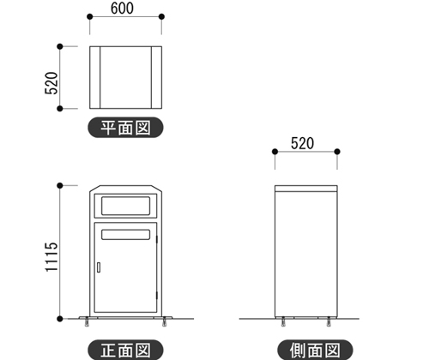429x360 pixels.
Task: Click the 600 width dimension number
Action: coord(122,9)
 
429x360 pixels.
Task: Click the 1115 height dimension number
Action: coord(51,257)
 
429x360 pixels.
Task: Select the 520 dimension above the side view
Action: coord(302,143)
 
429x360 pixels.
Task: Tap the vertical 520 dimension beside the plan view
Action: coord(51,83)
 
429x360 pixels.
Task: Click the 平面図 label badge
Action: coord(125,128)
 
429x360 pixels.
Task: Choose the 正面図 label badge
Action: coord(125,350)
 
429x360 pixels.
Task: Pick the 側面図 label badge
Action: coord(315,350)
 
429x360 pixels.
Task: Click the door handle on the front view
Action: coord(99,267)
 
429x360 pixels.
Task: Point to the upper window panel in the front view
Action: coord(125,206)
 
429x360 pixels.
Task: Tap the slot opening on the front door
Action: coord(125,235)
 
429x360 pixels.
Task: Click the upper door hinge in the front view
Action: coord(157,239)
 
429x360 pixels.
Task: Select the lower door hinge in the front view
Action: coord(157,296)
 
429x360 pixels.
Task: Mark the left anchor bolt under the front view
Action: coord(87,321)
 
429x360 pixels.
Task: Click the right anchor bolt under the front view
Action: coord(164,321)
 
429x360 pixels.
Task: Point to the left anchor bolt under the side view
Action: coord(283,321)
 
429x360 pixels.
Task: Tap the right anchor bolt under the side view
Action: coord(329,321)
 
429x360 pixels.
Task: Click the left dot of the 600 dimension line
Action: coord(89,16)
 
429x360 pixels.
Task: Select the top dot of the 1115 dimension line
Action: coord(60,186)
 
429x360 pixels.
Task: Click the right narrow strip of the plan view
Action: coord(156,77)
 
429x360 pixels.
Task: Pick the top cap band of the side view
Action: coord(306,189)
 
